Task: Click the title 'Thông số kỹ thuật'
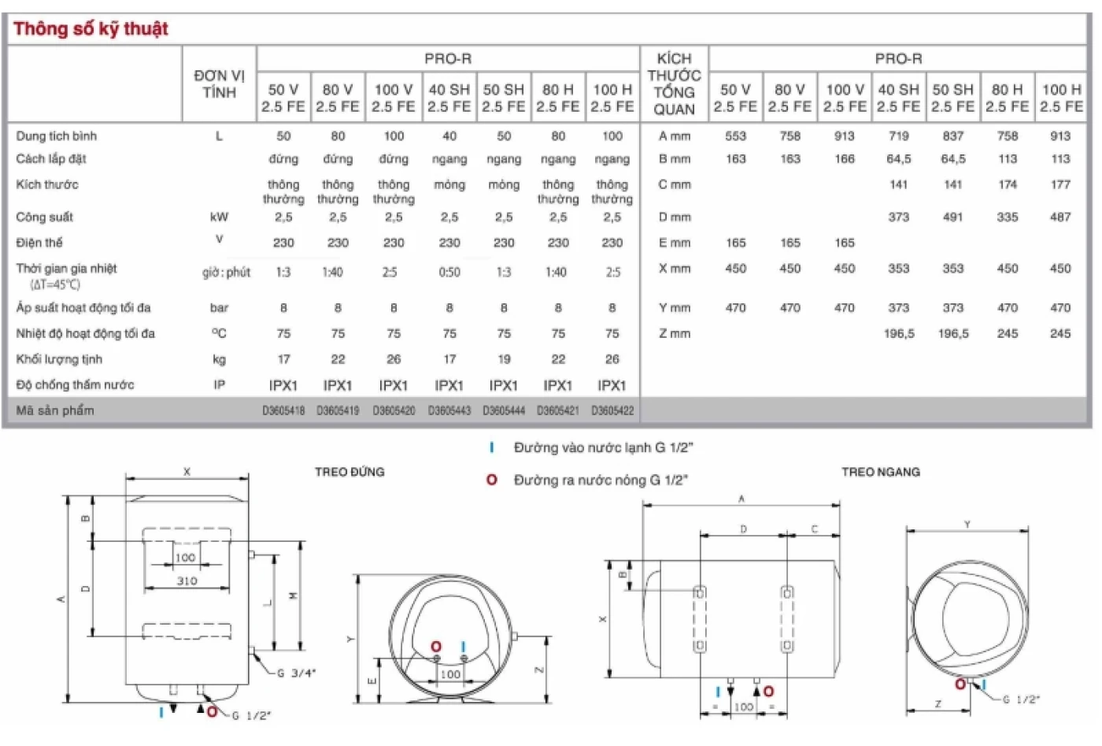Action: point(91,29)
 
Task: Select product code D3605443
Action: point(449,410)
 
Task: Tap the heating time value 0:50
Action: point(449,273)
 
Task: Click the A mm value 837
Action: point(953,136)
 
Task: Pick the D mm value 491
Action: point(953,217)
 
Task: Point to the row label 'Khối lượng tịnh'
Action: point(59,359)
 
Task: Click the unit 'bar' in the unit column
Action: point(219,308)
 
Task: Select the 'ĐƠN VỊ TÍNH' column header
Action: point(219,84)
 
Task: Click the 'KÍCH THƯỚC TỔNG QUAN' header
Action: point(674,84)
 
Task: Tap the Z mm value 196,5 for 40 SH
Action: point(899,334)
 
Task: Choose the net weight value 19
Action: point(504,359)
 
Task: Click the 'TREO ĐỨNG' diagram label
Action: point(349,472)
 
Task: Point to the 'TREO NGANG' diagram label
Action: point(880,472)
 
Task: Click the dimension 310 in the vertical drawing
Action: point(187,581)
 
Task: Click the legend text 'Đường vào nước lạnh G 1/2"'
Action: point(603,447)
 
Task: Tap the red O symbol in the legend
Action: point(492,480)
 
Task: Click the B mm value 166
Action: point(845,159)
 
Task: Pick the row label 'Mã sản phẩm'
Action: point(55,410)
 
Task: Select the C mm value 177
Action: point(1060,184)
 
